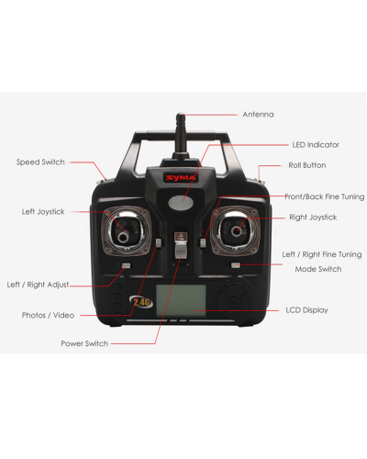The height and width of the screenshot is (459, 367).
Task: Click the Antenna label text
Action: pos(258,115)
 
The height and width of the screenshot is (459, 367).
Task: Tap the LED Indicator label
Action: pos(316,145)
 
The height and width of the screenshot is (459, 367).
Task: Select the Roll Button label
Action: pos(306,165)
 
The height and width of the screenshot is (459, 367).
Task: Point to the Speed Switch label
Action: pos(40,162)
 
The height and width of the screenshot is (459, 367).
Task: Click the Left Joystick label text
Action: pos(41,211)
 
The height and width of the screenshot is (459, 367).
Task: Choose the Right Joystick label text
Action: pos(313,217)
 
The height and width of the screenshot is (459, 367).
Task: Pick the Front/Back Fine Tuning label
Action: pos(324,196)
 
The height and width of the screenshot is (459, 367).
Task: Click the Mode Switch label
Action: pos(317,269)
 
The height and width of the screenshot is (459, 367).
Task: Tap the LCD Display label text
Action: pos(306,310)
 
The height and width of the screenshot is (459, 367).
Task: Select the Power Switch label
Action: pos(84,343)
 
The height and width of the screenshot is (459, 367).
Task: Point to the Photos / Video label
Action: pos(48,315)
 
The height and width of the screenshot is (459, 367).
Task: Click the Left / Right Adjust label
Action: pos(38,285)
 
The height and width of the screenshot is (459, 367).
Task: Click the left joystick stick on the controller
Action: pos(123,230)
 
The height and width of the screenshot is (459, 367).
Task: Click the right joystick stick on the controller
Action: pos(238,229)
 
